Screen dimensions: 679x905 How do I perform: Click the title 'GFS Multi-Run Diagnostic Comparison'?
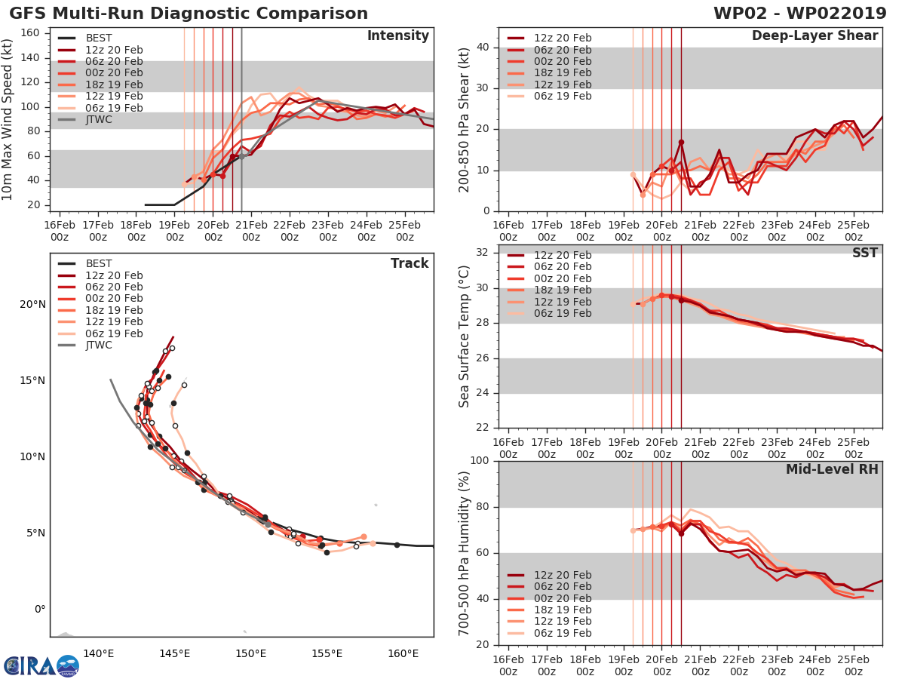189,14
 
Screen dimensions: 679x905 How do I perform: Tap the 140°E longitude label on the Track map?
98,653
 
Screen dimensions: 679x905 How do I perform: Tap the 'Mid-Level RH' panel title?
832,469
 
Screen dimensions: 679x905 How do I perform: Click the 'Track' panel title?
410,263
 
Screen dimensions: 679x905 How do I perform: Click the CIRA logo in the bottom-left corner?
41,665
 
